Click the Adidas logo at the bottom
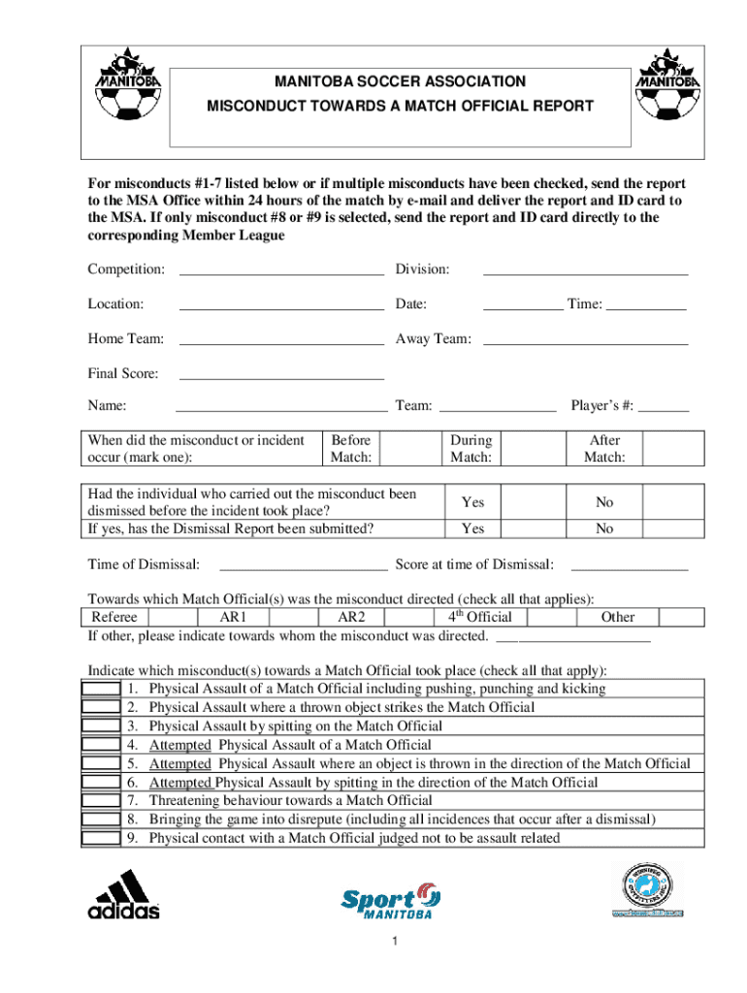tap(124, 894)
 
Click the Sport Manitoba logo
tap(392, 900)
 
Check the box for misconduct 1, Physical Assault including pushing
tap(101, 689)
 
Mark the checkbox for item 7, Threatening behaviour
tap(101, 801)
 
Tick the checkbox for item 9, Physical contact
tap(101, 839)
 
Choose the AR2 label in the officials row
tap(351, 618)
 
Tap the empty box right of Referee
tap(173, 618)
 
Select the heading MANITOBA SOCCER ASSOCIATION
tap(399, 82)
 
